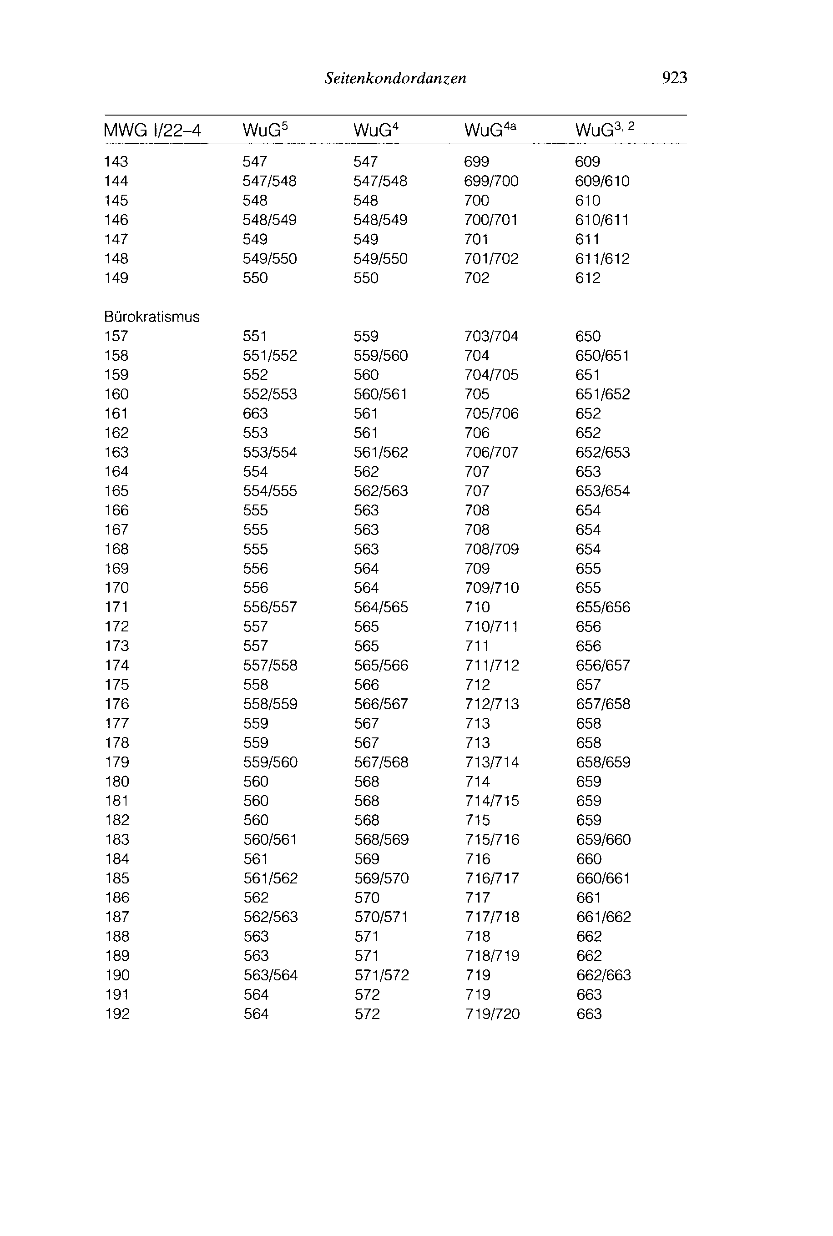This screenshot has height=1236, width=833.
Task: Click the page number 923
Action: click(x=674, y=78)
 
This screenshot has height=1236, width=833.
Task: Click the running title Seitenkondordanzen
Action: click(x=395, y=79)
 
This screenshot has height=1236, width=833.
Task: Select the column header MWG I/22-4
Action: click(x=152, y=130)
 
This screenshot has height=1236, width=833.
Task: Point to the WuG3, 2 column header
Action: click(x=605, y=130)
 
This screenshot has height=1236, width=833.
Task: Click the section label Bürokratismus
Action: click(x=152, y=317)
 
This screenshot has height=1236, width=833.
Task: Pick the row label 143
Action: click(x=116, y=161)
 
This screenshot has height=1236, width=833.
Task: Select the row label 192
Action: click(x=117, y=1014)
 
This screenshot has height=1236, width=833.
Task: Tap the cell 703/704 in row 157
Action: click(x=491, y=336)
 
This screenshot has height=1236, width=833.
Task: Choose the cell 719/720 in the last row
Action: click(x=492, y=1014)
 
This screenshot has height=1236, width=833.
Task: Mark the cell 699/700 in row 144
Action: click(x=491, y=181)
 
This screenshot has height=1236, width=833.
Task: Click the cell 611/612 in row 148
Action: click(x=602, y=259)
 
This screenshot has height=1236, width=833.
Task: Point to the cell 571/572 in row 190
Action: click(x=381, y=975)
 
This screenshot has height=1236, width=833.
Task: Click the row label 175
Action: click(x=117, y=684)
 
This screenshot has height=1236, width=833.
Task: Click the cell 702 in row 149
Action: click(x=476, y=278)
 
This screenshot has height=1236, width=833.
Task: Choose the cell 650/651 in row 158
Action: click(x=602, y=355)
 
